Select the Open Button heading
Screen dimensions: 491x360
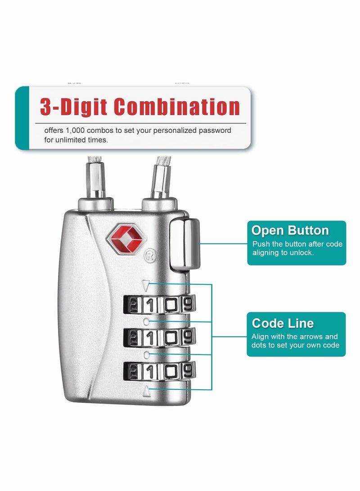[290, 230]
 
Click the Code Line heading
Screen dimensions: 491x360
[283, 323]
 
